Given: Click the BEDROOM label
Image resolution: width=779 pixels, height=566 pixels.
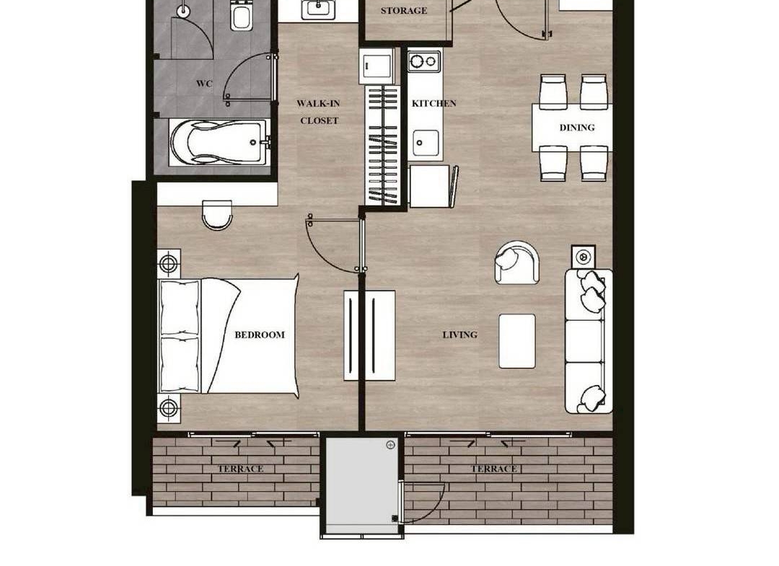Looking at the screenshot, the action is click(x=260, y=335).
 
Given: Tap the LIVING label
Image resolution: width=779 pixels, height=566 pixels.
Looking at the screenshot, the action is click(x=459, y=335).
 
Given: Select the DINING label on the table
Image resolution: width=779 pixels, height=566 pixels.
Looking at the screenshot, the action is click(x=577, y=128).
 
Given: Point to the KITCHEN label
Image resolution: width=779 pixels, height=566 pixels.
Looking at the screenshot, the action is click(x=433, y=103).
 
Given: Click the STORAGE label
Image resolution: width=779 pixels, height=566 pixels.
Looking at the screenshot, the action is click(x=403, y=10).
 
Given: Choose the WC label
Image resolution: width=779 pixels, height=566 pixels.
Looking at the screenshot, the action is click(x=203, y=84).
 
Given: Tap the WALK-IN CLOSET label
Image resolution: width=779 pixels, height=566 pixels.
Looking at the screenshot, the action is click(x=319, y=112).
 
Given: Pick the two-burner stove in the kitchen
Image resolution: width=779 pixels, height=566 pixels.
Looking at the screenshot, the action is click(x=424, y=61).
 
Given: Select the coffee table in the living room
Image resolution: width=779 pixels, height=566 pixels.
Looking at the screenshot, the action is click(x=517, y=341).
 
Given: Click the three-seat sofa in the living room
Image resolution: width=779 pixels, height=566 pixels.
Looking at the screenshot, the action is click(x=589, y=341).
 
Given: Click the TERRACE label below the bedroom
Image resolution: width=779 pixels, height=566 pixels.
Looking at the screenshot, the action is click(x=240, y=469).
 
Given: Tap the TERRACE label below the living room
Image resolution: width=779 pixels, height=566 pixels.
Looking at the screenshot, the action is click(x=494, y=469).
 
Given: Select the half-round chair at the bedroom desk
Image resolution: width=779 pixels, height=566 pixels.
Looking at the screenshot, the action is click(x=217, y=214).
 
